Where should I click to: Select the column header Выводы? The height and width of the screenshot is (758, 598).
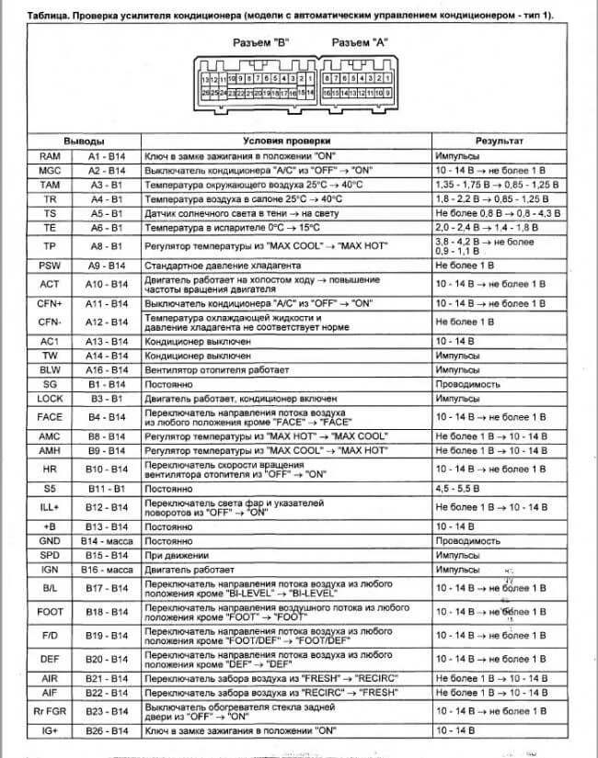point(84,142)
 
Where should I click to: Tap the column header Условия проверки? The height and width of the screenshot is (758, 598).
point(286,142)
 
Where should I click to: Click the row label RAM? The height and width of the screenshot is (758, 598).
point(49,157)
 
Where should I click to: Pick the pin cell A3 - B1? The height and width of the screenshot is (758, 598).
point(106,185)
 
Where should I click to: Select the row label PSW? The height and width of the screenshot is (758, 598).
point(49,266)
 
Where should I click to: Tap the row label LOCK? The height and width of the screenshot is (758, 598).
point(49,399)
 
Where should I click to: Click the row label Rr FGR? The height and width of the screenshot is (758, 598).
point(49,710)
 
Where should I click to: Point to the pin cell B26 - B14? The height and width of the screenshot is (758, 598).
point(106,730)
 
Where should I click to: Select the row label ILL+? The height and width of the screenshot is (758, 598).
point(49,506)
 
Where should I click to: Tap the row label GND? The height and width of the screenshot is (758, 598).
point(49,541)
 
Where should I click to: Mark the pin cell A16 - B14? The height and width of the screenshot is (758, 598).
point(106,370)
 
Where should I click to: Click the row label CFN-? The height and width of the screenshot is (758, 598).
point(49,322)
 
